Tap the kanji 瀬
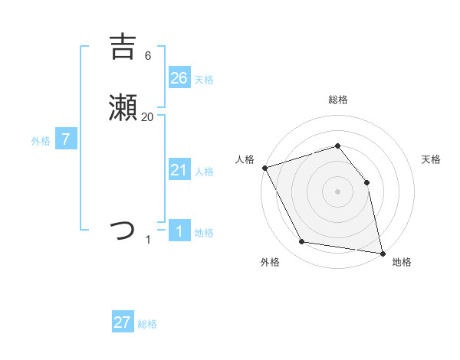[x=123, y=110]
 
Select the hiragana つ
[x=123, y=230]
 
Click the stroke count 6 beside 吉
[x=147, y=56]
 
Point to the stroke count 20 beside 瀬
[x=147, y=117]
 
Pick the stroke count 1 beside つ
[x=148, y=240]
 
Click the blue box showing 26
[x=179, y=77]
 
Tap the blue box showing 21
[x=179, y=170]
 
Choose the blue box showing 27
[x=123, y=322]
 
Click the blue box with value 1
[x=179, y=231]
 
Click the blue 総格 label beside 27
[x=147, y=324]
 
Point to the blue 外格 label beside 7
[x=41, y=141]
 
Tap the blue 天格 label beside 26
[x=204, y=79]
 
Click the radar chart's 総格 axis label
[x=337, y=100]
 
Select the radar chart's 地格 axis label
[x=402, y=262]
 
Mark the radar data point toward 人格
[x=264, y=168]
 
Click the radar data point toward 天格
[x=366, y=182]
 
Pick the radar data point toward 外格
[x=302, y=242]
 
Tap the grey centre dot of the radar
[x=337, y=191]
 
